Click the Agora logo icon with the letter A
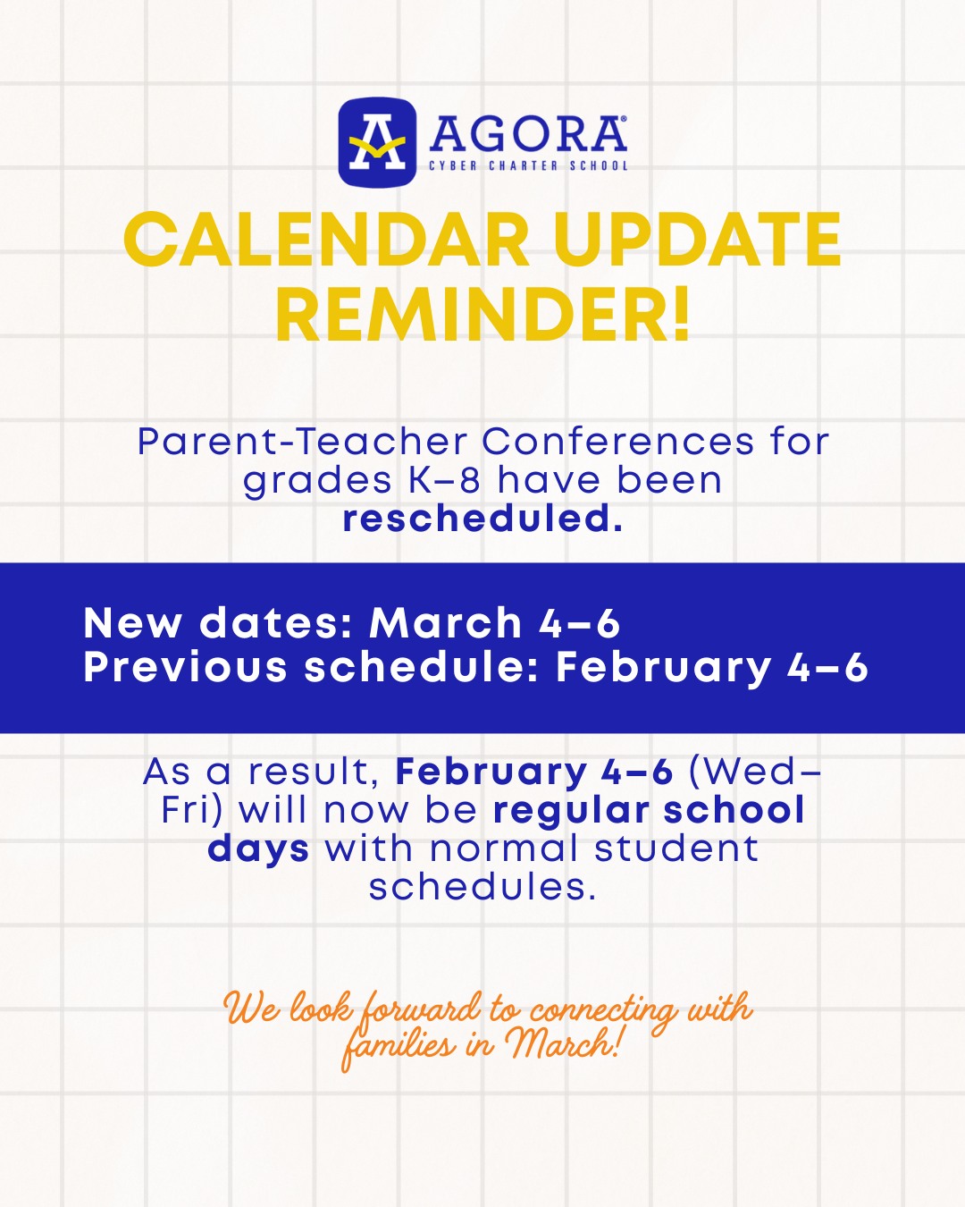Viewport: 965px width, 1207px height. (x=377, y=142)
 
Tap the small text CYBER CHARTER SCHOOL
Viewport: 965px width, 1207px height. (x=528, y=166)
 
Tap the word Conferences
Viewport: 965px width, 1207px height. (x=618, y=442)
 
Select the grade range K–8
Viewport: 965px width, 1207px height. (x=444, y=480)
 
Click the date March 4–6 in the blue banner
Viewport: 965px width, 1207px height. (x=494, y=622)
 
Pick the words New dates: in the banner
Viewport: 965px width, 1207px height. (x=219, y=622)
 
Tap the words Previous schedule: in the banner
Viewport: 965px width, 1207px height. (x=312, y=668)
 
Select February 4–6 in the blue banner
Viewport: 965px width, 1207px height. (x=712, y=669)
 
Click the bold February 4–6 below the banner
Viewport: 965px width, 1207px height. (x=534, y=772)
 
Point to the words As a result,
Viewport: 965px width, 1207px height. (x=263, y=772)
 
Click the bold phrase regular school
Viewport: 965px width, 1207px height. (x=649, y=811)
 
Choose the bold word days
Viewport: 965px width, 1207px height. (x=258, y=849)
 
